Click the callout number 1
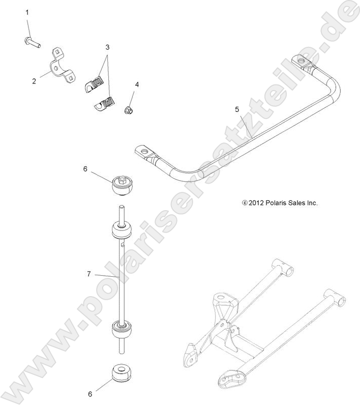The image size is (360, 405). (27, 11)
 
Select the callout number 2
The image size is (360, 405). (34, 80)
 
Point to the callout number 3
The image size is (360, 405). (107, 47)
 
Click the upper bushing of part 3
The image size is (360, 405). (95, 82)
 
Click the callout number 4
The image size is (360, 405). (136, 84)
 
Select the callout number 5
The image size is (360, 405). (237, 109)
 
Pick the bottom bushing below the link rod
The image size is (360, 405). (122, 373)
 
